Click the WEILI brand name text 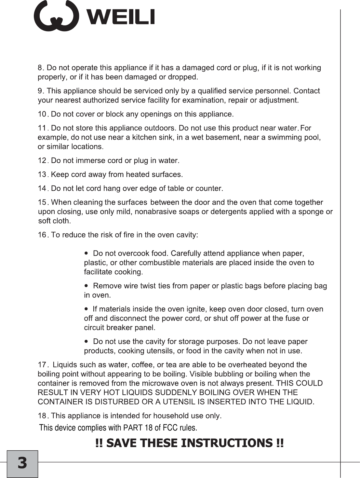121,17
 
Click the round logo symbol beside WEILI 56,16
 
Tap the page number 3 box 22,463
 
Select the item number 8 41,68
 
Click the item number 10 43,114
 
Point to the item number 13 43,175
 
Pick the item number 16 43,235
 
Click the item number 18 43,416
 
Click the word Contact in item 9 306,91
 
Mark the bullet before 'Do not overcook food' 86,253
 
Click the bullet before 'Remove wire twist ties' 86,285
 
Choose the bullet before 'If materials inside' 86,308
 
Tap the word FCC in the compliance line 170,428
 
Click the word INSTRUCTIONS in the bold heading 226,443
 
